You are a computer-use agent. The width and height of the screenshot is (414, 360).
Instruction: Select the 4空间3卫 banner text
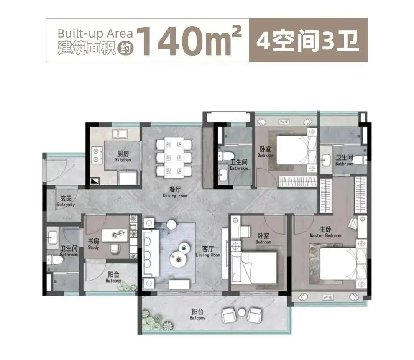[x=308, y=40]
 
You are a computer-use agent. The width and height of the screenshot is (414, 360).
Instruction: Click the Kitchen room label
[x=123, y=156]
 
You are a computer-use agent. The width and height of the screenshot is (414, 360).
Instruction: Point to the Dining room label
[x=175, y=192]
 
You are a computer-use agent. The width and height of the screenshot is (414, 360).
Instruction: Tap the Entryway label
[x=66, y=202]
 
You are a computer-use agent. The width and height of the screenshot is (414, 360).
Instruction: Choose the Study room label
[x=93, y=244]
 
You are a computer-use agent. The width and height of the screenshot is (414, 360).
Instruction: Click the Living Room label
[x=208, y=251]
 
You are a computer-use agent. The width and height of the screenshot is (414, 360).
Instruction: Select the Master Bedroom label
[x=325, y=232]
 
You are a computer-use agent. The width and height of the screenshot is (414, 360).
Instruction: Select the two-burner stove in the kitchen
[x=95, y=156]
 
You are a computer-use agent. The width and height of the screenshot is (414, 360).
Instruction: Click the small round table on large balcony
[x=241, y=312]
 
